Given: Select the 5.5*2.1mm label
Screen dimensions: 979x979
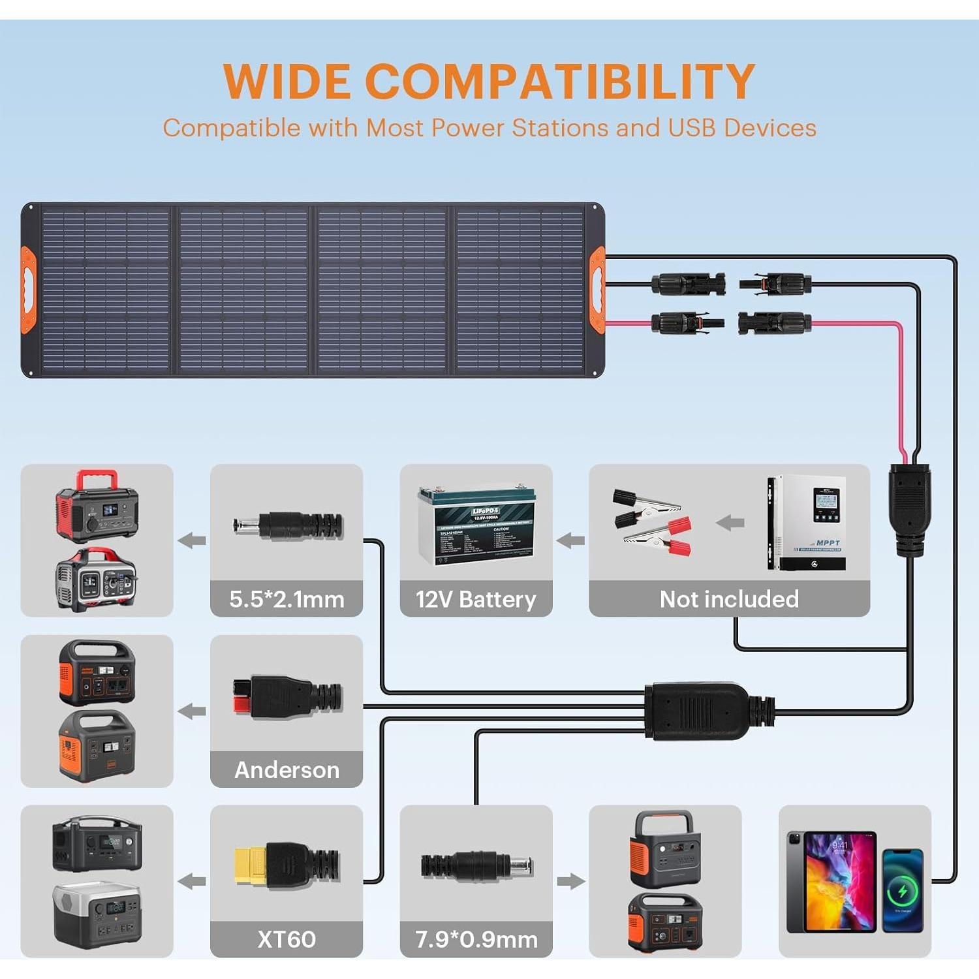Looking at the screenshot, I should pyautogui.click(x=287, y=599).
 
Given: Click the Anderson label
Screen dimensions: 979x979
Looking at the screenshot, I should pyautogui.click(x=287, y=770).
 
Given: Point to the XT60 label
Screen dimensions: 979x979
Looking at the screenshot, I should pyautogui.click(x=287, y=940).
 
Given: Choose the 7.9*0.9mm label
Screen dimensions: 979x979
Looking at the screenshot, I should pyautogui.click(x=476, y=940).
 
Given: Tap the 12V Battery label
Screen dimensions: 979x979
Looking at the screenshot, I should pyautogui.click(x=476, y=599).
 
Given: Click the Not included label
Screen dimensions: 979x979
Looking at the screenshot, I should pyautogui.click(x=729, y=599).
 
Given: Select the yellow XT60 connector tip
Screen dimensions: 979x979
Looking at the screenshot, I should pyautogui.click(x=250, y=866).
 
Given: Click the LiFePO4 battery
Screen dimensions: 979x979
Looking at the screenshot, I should pyautogui.click(x=476, y=525).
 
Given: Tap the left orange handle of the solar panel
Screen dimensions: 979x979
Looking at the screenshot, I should pyautogui.click(x=28, y=290).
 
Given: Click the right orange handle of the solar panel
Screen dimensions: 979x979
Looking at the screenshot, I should pyautogui.click(x=597, y=290).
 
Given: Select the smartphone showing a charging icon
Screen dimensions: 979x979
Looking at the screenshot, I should pyautogui.click(x=902, y=890).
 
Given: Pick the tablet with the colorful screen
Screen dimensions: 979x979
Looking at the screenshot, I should pyautogui.click(x=831, y=881).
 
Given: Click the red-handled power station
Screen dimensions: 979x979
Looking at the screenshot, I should pyautogui.click(x=97, y=505).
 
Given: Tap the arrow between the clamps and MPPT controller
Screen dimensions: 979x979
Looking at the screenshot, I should pyautogui.click(x=730, y=523).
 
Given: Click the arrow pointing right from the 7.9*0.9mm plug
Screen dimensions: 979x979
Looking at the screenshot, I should pyautogui.click(x=570, y=881).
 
